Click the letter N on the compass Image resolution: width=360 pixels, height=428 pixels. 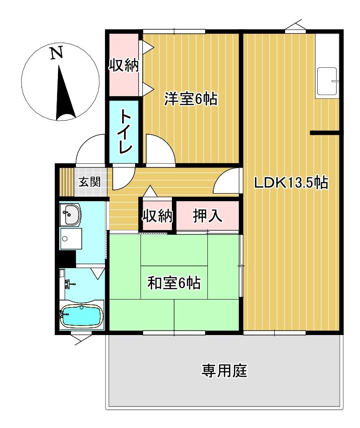[x=56, y=53]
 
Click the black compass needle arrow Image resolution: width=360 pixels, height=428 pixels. [x=64, y=94]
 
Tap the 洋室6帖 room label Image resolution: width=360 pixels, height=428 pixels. [x=190, y=98]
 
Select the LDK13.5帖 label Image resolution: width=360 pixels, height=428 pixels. [x=290, y=183]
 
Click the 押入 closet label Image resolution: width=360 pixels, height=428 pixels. [x=207, y=216]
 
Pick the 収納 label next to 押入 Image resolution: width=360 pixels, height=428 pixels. [x=157, y=216]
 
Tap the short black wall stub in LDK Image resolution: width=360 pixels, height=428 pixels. [x=325, y=132]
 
